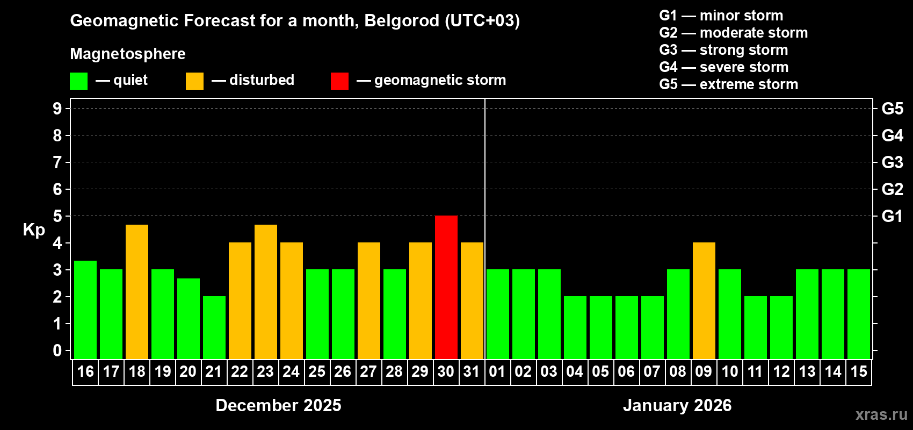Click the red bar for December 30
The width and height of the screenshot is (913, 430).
(x=446, y=287)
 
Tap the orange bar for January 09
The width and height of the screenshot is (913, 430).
(x=704, y=300)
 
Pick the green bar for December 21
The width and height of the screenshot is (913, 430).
(x=214, y=327)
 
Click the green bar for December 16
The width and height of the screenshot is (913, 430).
(x=85, y=310)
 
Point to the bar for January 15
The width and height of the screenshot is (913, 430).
(x=859, y=314)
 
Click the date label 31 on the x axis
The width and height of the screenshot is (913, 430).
(x=472, y=371)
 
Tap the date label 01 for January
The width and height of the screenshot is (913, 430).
(x=497, y=371)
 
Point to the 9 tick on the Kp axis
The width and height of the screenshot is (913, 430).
(x=57, y=109)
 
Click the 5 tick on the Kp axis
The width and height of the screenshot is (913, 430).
(x=57, y=216)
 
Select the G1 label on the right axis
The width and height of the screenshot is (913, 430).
(x=892, y=216)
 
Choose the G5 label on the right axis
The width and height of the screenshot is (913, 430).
(x=892, y=109)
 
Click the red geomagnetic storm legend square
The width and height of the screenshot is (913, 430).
(x=339, y=81)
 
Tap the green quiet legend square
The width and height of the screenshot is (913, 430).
(x=79, y=81)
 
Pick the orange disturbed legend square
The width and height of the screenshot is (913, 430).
(x=194, y=81)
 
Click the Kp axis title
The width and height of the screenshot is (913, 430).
(x=34, y=230)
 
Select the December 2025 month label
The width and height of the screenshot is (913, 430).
(x=278, y=405)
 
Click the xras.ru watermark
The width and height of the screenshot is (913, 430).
(x=881, y=414)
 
